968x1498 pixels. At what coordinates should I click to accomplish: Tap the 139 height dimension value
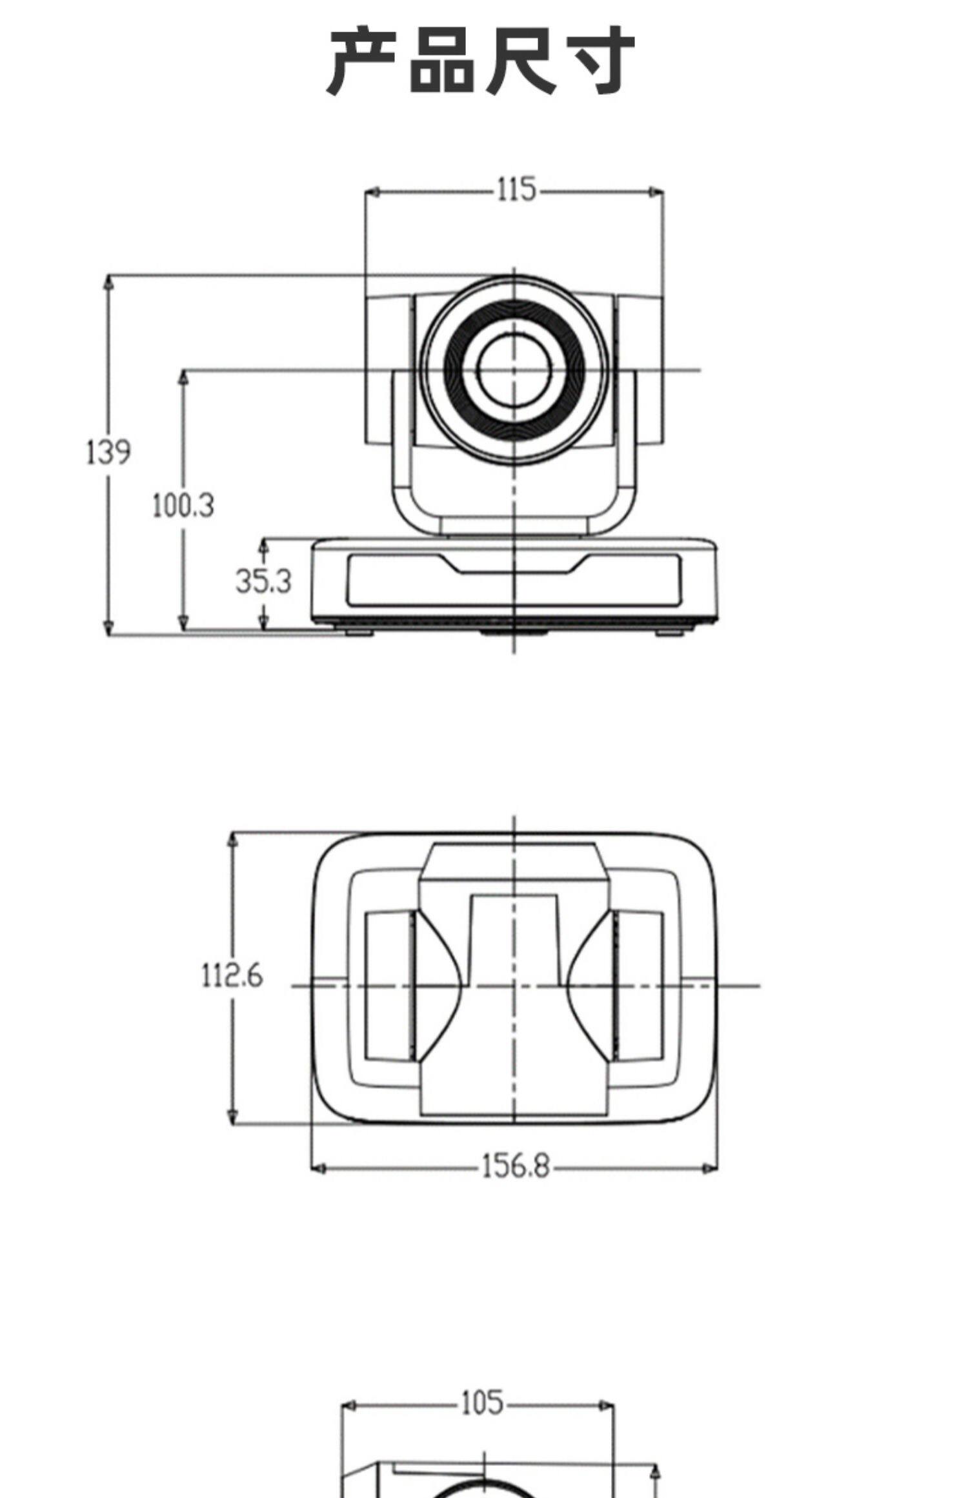point(108,452)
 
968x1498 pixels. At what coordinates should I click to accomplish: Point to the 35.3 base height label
point(263,581)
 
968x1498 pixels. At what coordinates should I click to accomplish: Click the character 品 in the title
point(442,61)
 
